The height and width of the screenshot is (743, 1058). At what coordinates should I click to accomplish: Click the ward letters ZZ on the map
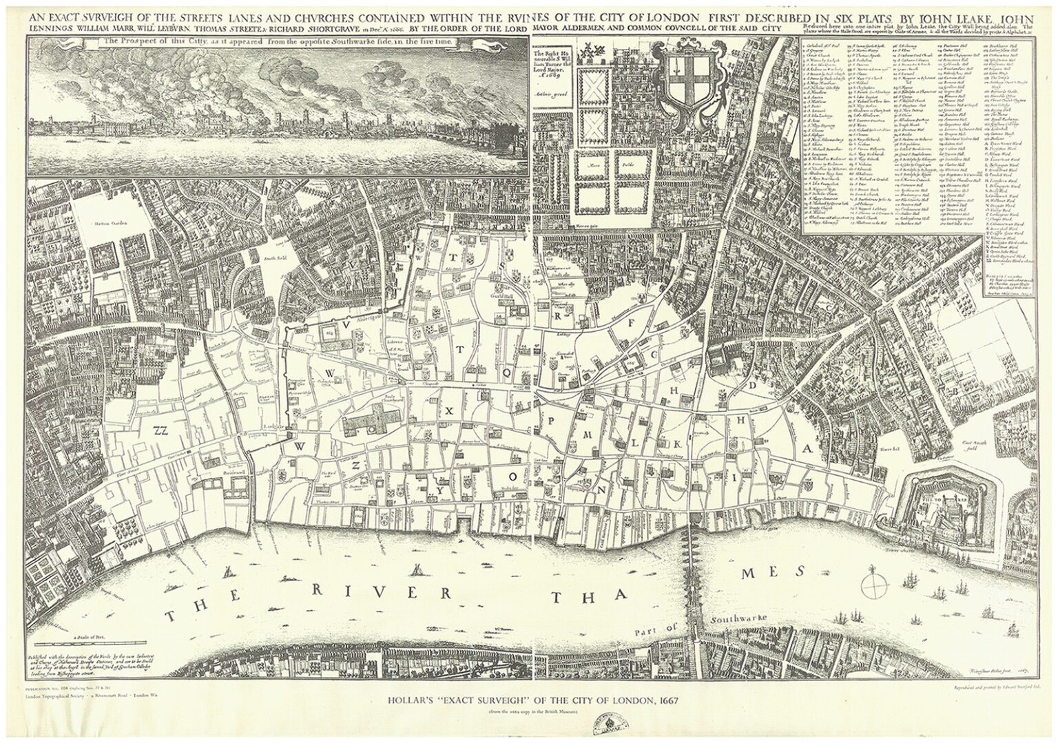point(162,431)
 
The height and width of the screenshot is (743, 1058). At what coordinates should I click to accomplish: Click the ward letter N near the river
point(605,491)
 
